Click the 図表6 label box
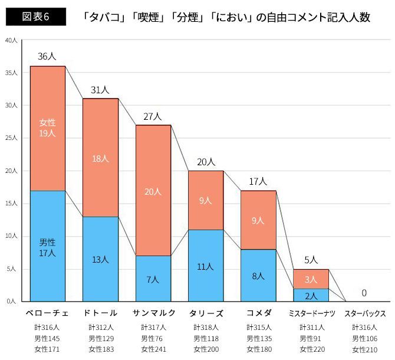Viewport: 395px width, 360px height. pos(35,17)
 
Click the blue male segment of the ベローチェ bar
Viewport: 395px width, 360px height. pos(47,245)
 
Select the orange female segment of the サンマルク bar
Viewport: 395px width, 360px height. pos(153,190)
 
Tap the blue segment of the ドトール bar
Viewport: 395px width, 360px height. pos(100,258)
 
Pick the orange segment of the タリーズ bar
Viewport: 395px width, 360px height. pos(206,200)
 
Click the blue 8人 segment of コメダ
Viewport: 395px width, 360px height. pos(258,275)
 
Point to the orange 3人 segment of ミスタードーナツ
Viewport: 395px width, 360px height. pos(311,279)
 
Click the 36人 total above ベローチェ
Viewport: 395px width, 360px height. pos(47,57)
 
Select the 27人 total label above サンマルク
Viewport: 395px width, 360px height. pos(153,116)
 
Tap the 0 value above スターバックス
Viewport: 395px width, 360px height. pos(364,293)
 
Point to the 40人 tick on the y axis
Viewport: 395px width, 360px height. pos(12,40)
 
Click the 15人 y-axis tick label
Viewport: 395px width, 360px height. pos(12,204)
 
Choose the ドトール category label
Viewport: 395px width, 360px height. pos(100,313)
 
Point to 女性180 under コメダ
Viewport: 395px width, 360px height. pos(258,349)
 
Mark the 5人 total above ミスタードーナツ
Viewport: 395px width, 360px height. pos(311,260)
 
